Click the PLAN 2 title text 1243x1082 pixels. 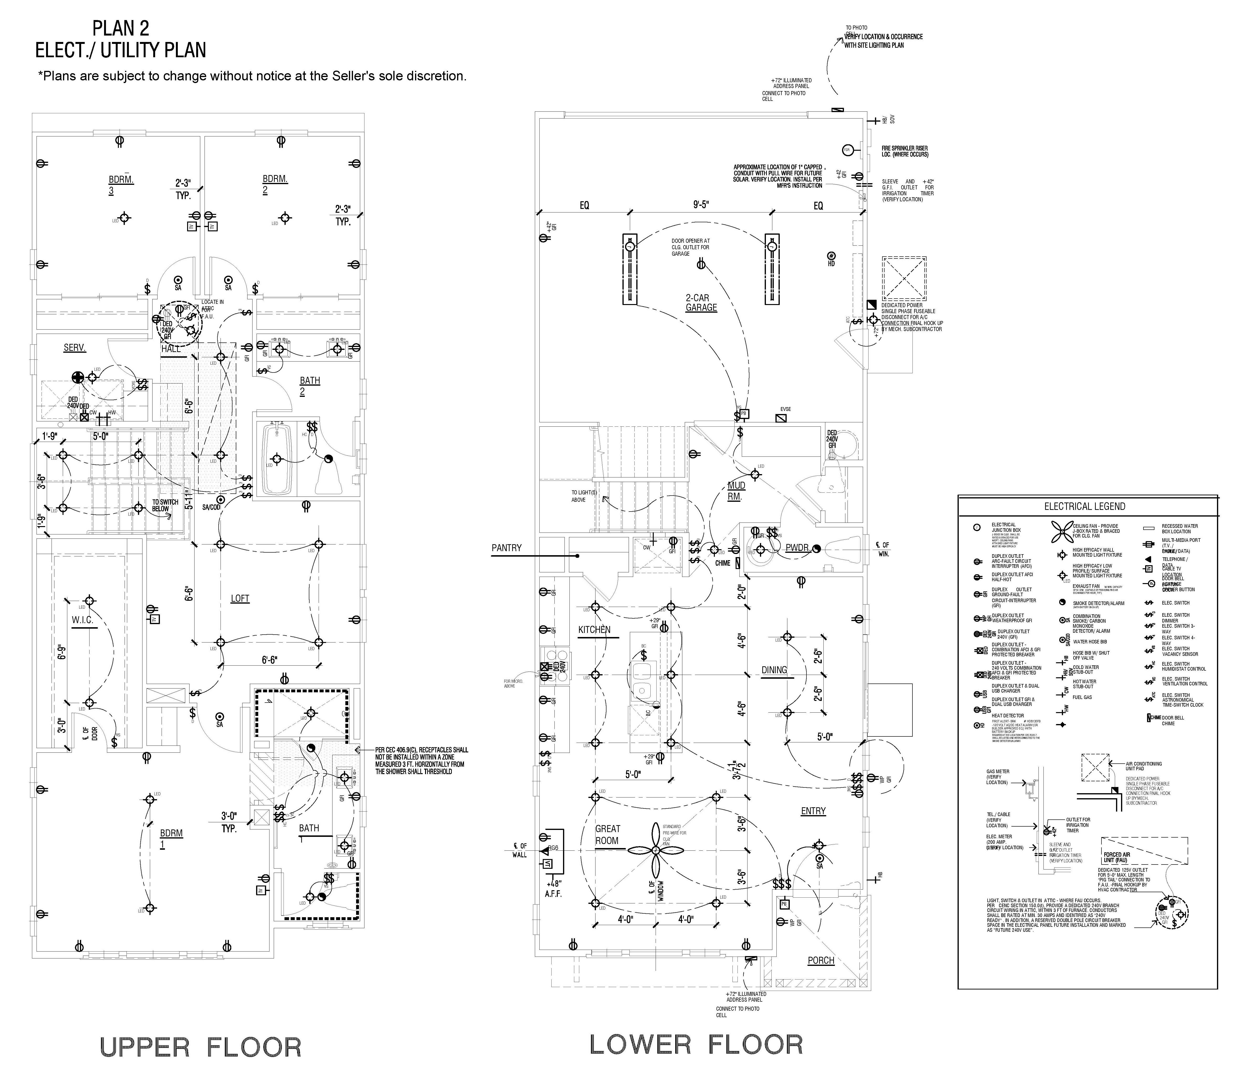coord(121,28)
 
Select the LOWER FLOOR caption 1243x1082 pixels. coord(696,1044)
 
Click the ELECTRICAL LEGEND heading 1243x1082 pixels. coord(1085,507)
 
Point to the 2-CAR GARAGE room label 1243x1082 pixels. coord(701,302)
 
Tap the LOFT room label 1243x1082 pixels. coord(240,598)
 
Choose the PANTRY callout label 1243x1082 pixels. coord(506,548)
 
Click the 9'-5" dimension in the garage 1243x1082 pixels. coord(701,205)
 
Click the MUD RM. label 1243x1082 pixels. coord(736,491)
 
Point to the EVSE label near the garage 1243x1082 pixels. coord(785,409)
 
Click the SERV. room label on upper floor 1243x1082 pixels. coord(75,348)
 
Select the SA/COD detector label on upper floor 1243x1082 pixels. coord(211,507)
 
